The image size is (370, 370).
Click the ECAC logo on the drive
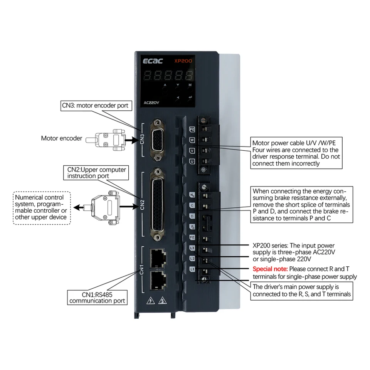[153, 61]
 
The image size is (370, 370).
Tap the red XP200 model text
[183, 61]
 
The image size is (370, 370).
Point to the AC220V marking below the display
[151, 103]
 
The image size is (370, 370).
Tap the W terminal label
[192, 140]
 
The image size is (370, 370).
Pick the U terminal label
[192, 161]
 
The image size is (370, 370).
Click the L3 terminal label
[192, 248]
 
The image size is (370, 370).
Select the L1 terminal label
[192, 269]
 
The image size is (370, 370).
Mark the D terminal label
[192, 216]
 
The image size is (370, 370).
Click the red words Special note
[270, 269]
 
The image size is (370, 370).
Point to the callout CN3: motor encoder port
[97, 105]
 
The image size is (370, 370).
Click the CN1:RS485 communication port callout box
[97, 297]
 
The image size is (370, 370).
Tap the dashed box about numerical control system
[42, 207]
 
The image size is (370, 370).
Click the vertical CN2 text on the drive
[142, 204]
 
